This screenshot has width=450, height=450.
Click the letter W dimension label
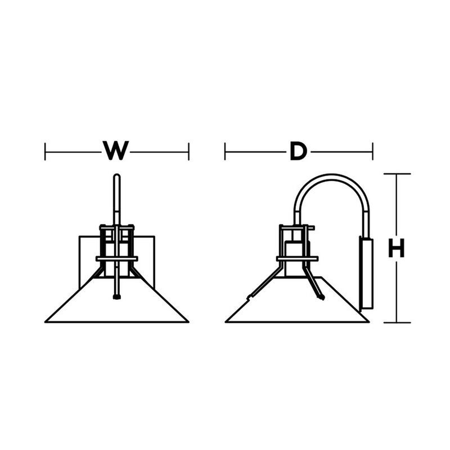(116, 150)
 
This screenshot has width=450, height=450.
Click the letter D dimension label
(298, 151)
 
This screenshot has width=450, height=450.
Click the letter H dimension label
(397, 248)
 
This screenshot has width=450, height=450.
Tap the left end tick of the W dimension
(45, 151)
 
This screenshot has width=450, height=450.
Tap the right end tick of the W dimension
(188, 151)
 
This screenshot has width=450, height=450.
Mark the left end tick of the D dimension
(225, 151)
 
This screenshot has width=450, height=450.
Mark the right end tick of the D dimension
(372, 151)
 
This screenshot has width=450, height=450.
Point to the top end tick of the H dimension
(397, 174)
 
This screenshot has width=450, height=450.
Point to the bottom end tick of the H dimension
(397, 322)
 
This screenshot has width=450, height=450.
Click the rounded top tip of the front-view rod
(117, 174)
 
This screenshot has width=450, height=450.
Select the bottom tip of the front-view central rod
(117, 298)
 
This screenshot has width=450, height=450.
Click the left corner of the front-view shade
(46, 322)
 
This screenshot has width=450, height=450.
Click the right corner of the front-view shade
(188, 322)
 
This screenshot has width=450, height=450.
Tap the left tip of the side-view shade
(226, 322)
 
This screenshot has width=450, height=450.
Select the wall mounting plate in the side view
(367, 273)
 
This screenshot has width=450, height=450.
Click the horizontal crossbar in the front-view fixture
(117, 259)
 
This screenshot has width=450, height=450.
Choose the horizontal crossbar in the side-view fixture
(298, 259)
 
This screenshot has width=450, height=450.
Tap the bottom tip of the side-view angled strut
(321, 298)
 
